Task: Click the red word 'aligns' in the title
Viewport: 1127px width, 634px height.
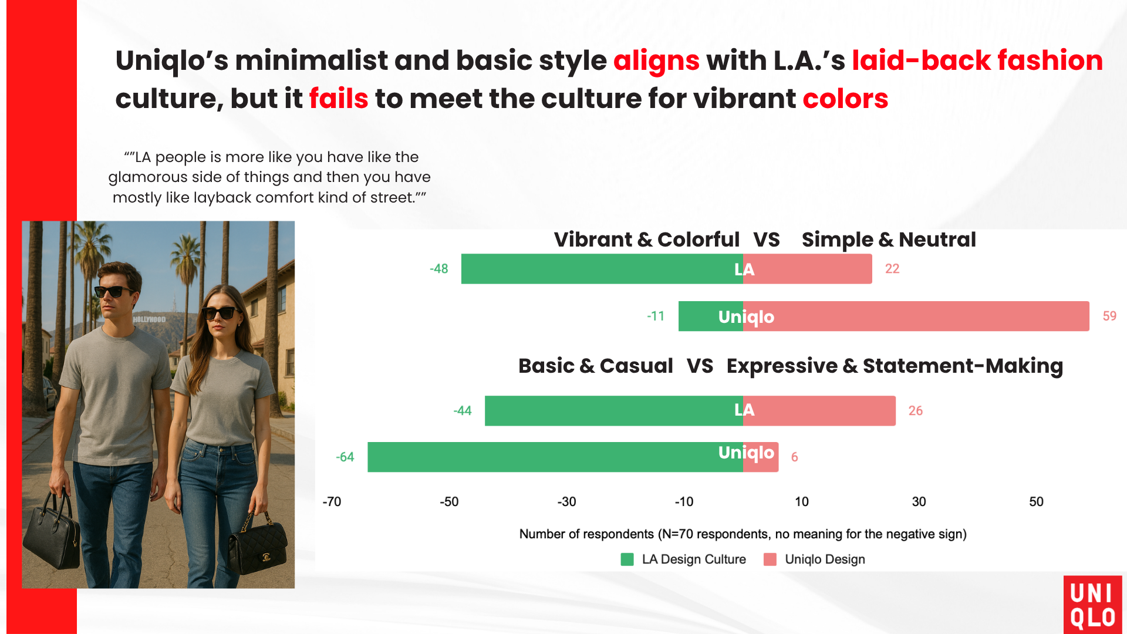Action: click(656, 61)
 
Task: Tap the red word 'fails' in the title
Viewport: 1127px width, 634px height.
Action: click(338, 99)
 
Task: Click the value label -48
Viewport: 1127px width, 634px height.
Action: click(438, 269)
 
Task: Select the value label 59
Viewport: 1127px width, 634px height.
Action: click(1109, 316)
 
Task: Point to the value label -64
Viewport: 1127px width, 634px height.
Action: click(345, 457)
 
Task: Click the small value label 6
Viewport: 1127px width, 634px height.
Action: click(794, 457)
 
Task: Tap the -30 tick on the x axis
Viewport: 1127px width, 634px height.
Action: click(566, 502)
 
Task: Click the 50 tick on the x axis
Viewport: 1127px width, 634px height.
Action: click(1036, 502)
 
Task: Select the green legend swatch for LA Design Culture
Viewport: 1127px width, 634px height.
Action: click(627, 559)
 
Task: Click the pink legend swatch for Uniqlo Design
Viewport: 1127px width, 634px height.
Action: click(770, 559)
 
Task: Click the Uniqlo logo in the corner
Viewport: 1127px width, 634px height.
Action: click(1092, 605)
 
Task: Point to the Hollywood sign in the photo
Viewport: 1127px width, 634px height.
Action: click(149, 319)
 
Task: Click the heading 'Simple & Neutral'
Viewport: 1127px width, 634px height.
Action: click(888, 240)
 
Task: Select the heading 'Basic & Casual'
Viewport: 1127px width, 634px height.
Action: click(595, 366)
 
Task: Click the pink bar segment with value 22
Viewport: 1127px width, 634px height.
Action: click(807, 269)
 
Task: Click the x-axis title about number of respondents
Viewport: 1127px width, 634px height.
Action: click(743, 534)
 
